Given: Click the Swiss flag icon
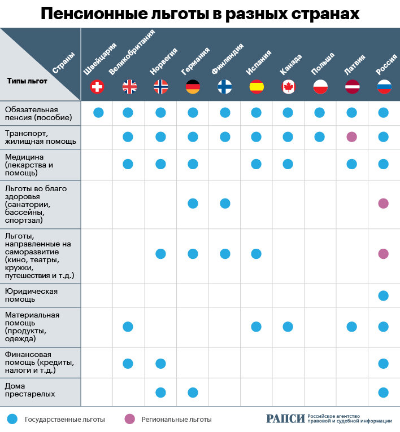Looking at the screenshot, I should point(98,86).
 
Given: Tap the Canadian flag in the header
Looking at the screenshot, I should point(288,86).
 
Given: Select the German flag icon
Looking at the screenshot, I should point(193,86).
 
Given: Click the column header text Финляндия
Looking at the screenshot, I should point(227,59).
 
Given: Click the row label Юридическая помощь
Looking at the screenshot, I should point(31,296).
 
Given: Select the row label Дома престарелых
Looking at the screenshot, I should point(26,390).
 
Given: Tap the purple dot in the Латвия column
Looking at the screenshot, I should point(351,136).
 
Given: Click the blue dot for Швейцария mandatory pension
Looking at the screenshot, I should point(98,112).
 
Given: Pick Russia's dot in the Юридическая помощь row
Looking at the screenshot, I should point(384,296).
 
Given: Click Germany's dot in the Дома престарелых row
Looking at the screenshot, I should point(193,393).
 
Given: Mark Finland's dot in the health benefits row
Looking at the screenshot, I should point(225,203).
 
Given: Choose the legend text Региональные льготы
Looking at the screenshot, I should point(176,420).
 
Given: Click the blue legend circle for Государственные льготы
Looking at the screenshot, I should point(13,419).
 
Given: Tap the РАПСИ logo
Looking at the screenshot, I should point(285,418).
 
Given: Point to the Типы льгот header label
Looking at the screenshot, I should point(27,81).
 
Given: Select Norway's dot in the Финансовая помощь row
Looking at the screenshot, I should point(160,363).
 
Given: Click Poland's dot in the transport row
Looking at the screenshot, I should point(320,136).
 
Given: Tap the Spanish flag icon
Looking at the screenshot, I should point(256,86).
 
